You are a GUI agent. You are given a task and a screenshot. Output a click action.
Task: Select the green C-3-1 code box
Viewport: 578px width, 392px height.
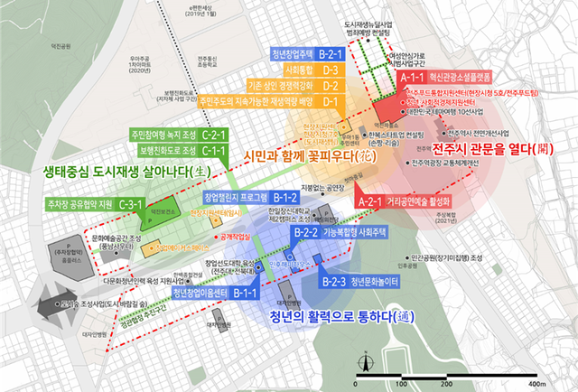click(131, 206)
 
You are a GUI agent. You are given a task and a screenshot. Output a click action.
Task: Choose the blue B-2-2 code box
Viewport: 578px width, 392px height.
click(304, 232)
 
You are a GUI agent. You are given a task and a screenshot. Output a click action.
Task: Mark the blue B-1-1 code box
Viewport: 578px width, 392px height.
click(241, 294)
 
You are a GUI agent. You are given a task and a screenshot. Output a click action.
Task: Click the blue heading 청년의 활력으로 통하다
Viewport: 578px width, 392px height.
click(333, 317)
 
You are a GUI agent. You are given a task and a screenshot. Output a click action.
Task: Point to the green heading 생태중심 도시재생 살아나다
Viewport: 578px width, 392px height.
click(95, 169)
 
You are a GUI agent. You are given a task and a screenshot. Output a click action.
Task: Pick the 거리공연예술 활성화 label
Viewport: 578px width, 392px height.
click(420, 201)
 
